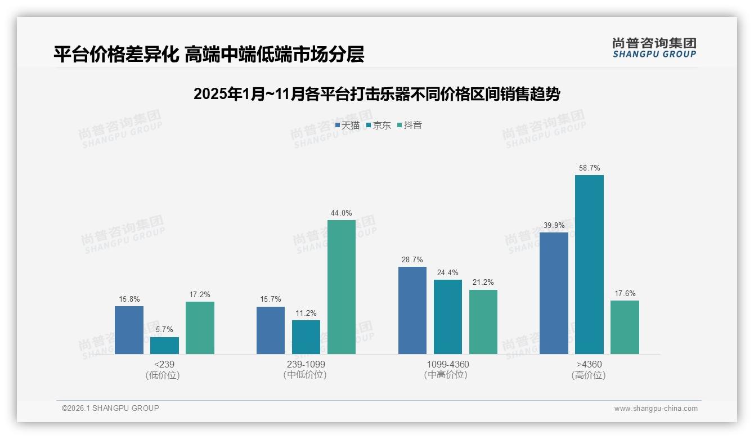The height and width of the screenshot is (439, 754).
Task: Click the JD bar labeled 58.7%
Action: [589, 265]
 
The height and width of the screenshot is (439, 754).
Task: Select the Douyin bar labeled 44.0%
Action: [342, 287]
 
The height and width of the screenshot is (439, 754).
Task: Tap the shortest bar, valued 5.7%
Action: [164, 346]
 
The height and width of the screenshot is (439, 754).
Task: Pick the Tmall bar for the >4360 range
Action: [554, 293]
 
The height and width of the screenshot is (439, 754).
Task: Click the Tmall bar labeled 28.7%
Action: [412, 310]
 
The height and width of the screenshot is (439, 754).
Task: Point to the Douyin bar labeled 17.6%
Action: [625, 327]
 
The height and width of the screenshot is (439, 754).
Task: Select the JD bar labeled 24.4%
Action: [448, 317]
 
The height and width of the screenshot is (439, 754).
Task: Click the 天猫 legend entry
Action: [347, 126]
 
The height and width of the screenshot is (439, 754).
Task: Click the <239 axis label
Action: [164, 364]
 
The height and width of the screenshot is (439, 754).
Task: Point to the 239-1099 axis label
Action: [306, 364]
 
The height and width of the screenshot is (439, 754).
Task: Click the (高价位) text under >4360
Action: [589, 375]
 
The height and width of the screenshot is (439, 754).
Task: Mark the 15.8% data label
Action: [129, 299]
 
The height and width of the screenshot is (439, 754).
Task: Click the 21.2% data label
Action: [483, 283]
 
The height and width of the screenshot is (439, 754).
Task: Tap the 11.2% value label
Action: [306, 313]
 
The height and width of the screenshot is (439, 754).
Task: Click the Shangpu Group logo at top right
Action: [654, 48]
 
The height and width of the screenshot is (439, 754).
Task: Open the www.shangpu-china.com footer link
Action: [656, 409]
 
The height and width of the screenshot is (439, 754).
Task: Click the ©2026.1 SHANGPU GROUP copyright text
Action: [110, 408]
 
